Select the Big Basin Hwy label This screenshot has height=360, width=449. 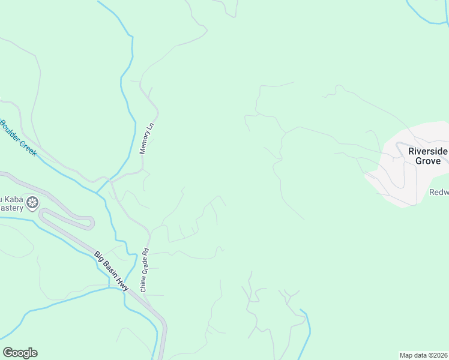tap(112, 272)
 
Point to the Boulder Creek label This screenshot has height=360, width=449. tap(18, 138)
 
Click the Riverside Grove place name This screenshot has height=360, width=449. tap(428, 156)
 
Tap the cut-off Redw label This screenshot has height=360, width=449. tap(439, 193)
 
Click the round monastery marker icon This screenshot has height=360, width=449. tap(32, 202)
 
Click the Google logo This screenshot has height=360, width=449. tap(20, 353)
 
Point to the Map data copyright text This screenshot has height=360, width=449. tap(424, 355)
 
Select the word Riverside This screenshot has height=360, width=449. tap(428, 151)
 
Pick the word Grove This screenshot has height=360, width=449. tap(427, 161)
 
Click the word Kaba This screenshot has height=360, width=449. tap(14, 199)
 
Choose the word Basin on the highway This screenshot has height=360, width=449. tap(111, 271)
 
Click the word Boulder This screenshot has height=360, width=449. tap(11, 131)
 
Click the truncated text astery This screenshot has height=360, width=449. tap(11, 208)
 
